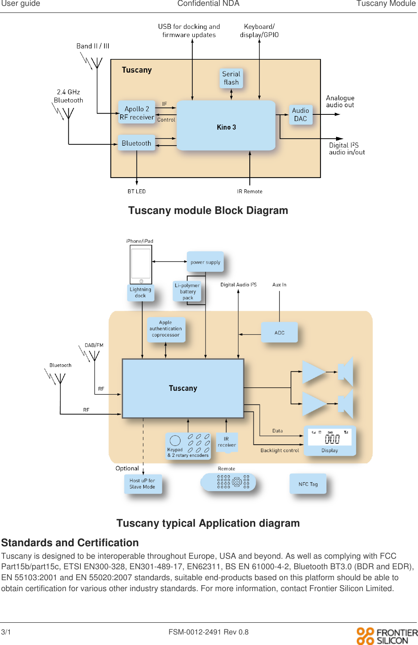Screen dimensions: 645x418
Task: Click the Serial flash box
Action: (231, 78)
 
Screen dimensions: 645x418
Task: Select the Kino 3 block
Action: (226, 126)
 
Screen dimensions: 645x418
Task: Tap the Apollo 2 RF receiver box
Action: (137, 112)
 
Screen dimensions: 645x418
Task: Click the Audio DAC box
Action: (301, 114)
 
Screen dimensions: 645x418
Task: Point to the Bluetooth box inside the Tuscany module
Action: (137, 143)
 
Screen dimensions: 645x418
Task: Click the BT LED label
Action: (137, 191)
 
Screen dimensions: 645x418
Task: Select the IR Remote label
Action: (250, 191)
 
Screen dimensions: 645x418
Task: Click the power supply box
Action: (205, 262)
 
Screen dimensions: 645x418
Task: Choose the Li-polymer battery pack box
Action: (187, 291)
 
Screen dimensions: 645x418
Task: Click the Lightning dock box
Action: (141, 292)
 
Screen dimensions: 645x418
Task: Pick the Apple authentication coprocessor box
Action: (166, 329)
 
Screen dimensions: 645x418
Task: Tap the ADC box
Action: (279, 333)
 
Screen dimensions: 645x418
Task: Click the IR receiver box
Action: (227, 442)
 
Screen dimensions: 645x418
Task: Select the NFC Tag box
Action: (308, 484)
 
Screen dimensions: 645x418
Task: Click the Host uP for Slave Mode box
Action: (142, 484)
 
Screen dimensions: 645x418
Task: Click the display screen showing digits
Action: (330, 437)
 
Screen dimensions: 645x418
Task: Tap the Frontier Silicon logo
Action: (386, 636)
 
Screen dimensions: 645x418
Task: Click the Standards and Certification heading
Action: (70, 543)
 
